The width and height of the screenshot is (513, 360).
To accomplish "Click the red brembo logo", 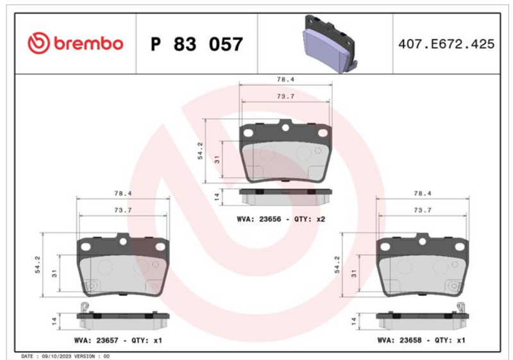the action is pyautogui.click(x=76, y=43).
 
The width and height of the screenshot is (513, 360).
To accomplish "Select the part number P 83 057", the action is pyautogui.click(x=197, y=44).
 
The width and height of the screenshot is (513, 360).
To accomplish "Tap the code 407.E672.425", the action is pyautogui.click(x=446, y=44).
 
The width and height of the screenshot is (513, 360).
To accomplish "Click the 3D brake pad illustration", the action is pyautogui.click(x=330, y=44).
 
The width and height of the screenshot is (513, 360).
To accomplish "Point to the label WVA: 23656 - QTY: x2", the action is pyautogui.click(x=281, y=219).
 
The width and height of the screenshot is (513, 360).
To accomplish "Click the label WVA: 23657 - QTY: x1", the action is pyautogui.click(x=118, y=340).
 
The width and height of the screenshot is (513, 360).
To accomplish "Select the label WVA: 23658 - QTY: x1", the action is pyautogui.click(x=421, y=340).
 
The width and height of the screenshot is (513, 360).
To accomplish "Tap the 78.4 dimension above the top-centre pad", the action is pyautogui.click(x=285, y=79).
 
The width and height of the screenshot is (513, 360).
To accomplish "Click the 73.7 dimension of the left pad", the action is pyautogui.click(x=123, y=210).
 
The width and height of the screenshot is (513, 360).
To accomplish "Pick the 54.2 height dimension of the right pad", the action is pyautogui.click(x=337, y=264).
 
